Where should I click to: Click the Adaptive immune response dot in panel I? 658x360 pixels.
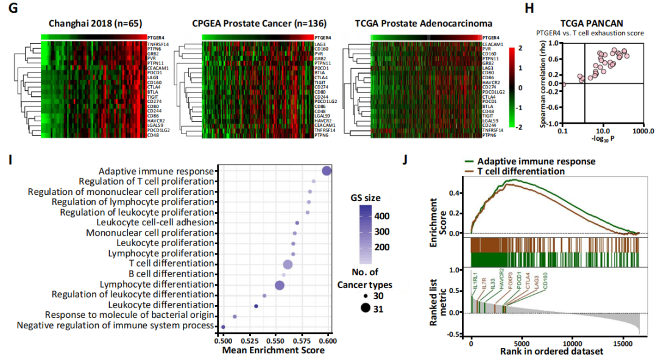327,172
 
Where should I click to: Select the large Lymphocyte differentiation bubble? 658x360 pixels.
280,286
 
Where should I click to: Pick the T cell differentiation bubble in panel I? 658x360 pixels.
288,264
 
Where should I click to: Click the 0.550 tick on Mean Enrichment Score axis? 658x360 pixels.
275,342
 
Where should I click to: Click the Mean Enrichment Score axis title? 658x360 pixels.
275,351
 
